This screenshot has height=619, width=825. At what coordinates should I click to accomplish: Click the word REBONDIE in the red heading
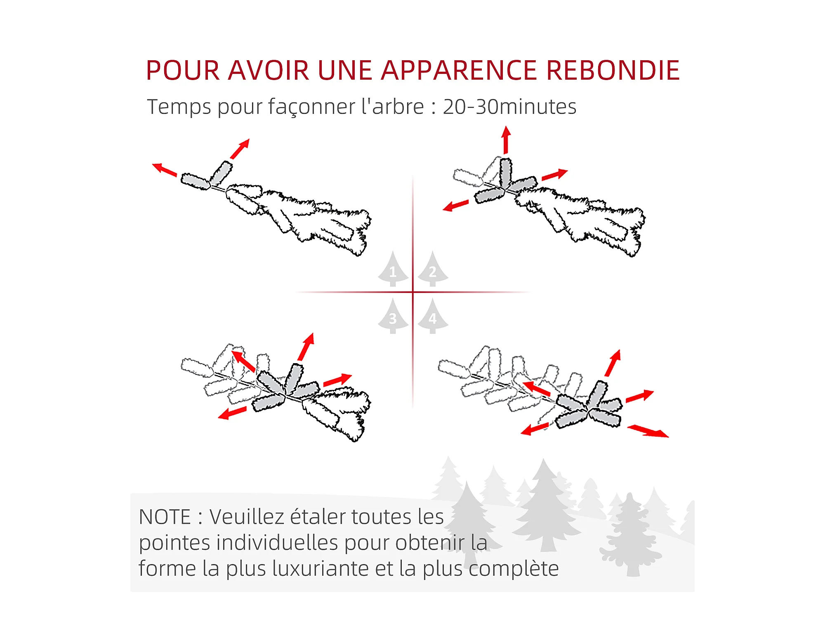tap(613, 70)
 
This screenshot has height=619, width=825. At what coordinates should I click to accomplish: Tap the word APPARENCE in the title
tap(459, 70)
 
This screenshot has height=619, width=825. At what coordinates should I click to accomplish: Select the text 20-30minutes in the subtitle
tap(509, 106)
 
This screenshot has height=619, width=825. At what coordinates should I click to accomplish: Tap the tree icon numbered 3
tap(393, 317)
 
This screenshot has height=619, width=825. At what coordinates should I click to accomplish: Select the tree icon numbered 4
tap(433, 317)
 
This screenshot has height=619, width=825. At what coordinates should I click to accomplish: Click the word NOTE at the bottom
tap(165, 517)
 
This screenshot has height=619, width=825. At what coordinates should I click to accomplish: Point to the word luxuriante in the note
tap(320, 569)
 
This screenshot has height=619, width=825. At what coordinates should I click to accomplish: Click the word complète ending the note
tap(514, 569)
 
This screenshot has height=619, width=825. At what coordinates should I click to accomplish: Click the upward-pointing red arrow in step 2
tap(506, 140)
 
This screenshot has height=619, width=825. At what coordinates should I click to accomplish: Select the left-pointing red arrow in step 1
tap(165, 170)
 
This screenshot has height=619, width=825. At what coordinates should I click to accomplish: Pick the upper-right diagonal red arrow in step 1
tap(240, 149)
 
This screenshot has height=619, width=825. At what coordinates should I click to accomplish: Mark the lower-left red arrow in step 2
tap(455, 206)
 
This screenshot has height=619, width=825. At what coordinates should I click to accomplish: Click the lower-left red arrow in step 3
tap(232, 413)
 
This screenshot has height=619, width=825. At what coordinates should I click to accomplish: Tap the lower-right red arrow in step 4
tap(648, 431)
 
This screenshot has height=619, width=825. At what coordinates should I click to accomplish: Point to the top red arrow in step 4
tap(613, 363)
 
